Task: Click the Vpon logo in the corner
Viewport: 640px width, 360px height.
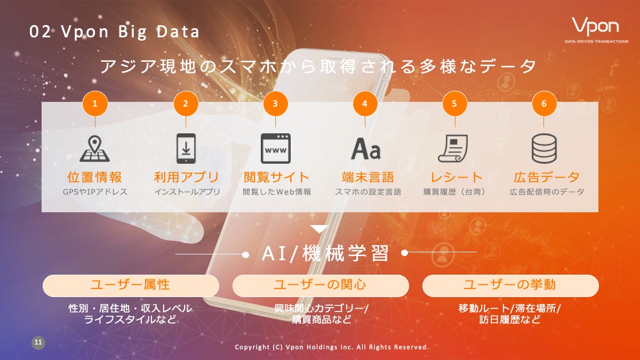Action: tap(596, 30)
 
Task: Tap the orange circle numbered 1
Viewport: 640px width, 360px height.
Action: tap(95, 103)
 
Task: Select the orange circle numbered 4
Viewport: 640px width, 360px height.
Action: tap(365, 103)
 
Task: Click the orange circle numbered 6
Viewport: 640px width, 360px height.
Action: tap(544, 103)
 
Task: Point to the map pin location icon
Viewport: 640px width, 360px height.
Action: tap(94, 149)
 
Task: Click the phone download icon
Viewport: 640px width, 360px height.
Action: tap(186, 148)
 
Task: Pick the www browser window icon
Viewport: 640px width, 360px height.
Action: tap(275, 148)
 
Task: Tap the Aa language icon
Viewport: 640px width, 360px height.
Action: tap(366, 149)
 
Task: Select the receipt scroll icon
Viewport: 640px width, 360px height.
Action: tap(453, 149)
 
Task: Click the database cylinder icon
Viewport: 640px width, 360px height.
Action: tap(544, 149)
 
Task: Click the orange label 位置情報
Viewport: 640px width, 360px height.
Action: tap(94, 177)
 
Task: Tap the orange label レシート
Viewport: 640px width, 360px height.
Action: tap(457, 177)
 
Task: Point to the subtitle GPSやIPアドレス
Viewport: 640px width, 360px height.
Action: tap(95, 191)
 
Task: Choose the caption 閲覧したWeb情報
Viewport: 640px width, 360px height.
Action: tap(277, 191)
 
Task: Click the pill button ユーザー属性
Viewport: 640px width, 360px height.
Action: tap(131, 285)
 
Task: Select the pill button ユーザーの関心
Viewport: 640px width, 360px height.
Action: tap(321, 285)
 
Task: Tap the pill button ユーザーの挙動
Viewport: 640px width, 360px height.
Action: tap(510, 285)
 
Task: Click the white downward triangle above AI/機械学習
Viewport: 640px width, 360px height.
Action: tap(319, 229)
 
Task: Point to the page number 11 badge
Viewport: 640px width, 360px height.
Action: tap(38, 342)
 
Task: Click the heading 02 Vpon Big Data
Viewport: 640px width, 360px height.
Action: tap(114, 31)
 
